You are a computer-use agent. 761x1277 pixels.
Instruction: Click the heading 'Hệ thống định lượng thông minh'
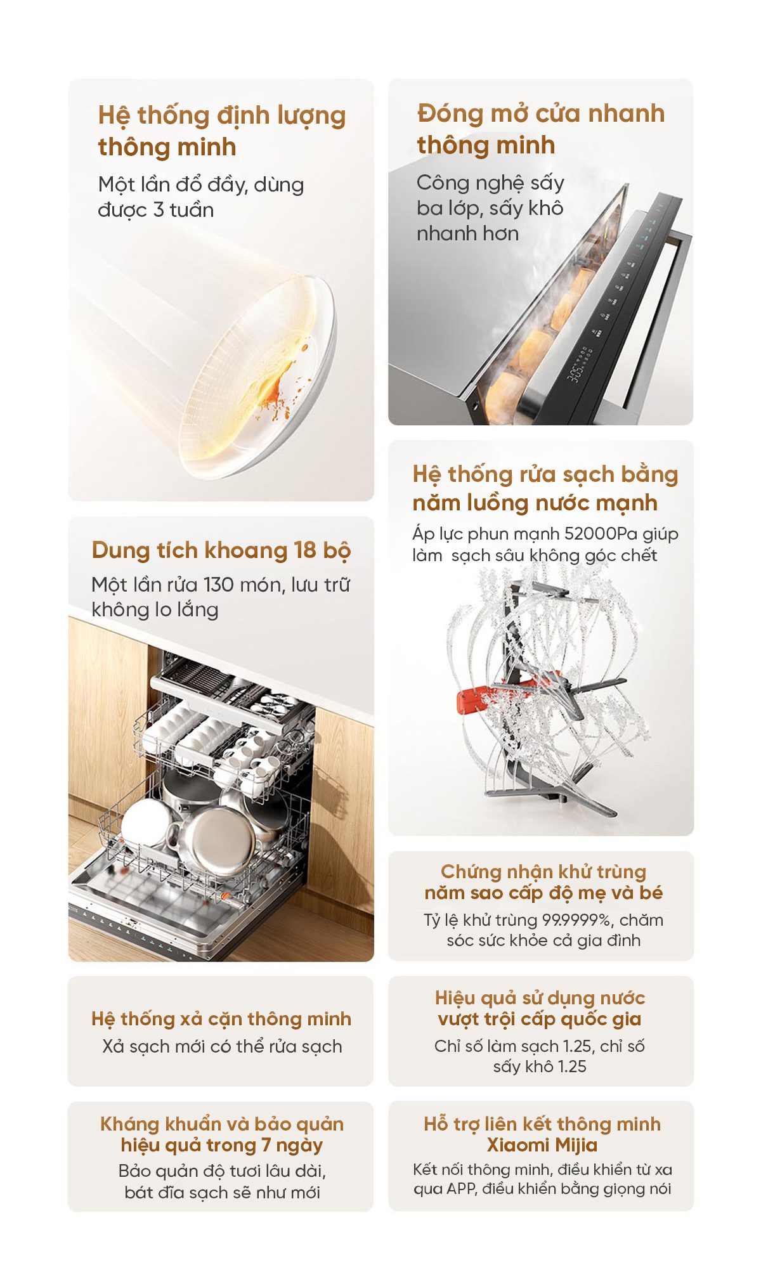pyautogui.click(x=222, y=131)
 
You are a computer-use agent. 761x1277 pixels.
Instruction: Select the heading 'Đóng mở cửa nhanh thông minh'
pyautogui.click(x=541, y=129)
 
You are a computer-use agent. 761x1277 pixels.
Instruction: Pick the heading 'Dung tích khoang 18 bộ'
pyautogui.click(x=221, y=550)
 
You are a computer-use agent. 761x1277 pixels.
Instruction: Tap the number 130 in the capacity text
pyautogui.click(x=218, y=584)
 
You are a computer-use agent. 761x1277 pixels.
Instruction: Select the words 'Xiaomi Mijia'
pyautogui.click(x=542, y=1144)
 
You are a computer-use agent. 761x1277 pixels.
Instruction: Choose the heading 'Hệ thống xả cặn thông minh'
pyautogui.click(x=221, y=1018)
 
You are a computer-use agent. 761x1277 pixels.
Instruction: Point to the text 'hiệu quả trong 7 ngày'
pyautogui.click(x=222, y=1145)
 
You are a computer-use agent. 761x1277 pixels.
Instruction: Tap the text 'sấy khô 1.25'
pyautogui.click(x=540, y=1066)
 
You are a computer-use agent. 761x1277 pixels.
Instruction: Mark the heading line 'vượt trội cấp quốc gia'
pyautogui.click(x=540, y=1019)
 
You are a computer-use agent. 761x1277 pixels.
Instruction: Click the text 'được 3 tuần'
pyautogui.click(x=156, y=210)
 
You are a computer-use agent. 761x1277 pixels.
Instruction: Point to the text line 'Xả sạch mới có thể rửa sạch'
pyautogui.click(x=222, y=1046)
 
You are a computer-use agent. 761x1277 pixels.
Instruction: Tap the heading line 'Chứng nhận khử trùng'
pyautogui.click(x=543, y=872)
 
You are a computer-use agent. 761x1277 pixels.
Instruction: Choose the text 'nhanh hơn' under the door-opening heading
pyautogui.click(x=467, y=233)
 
